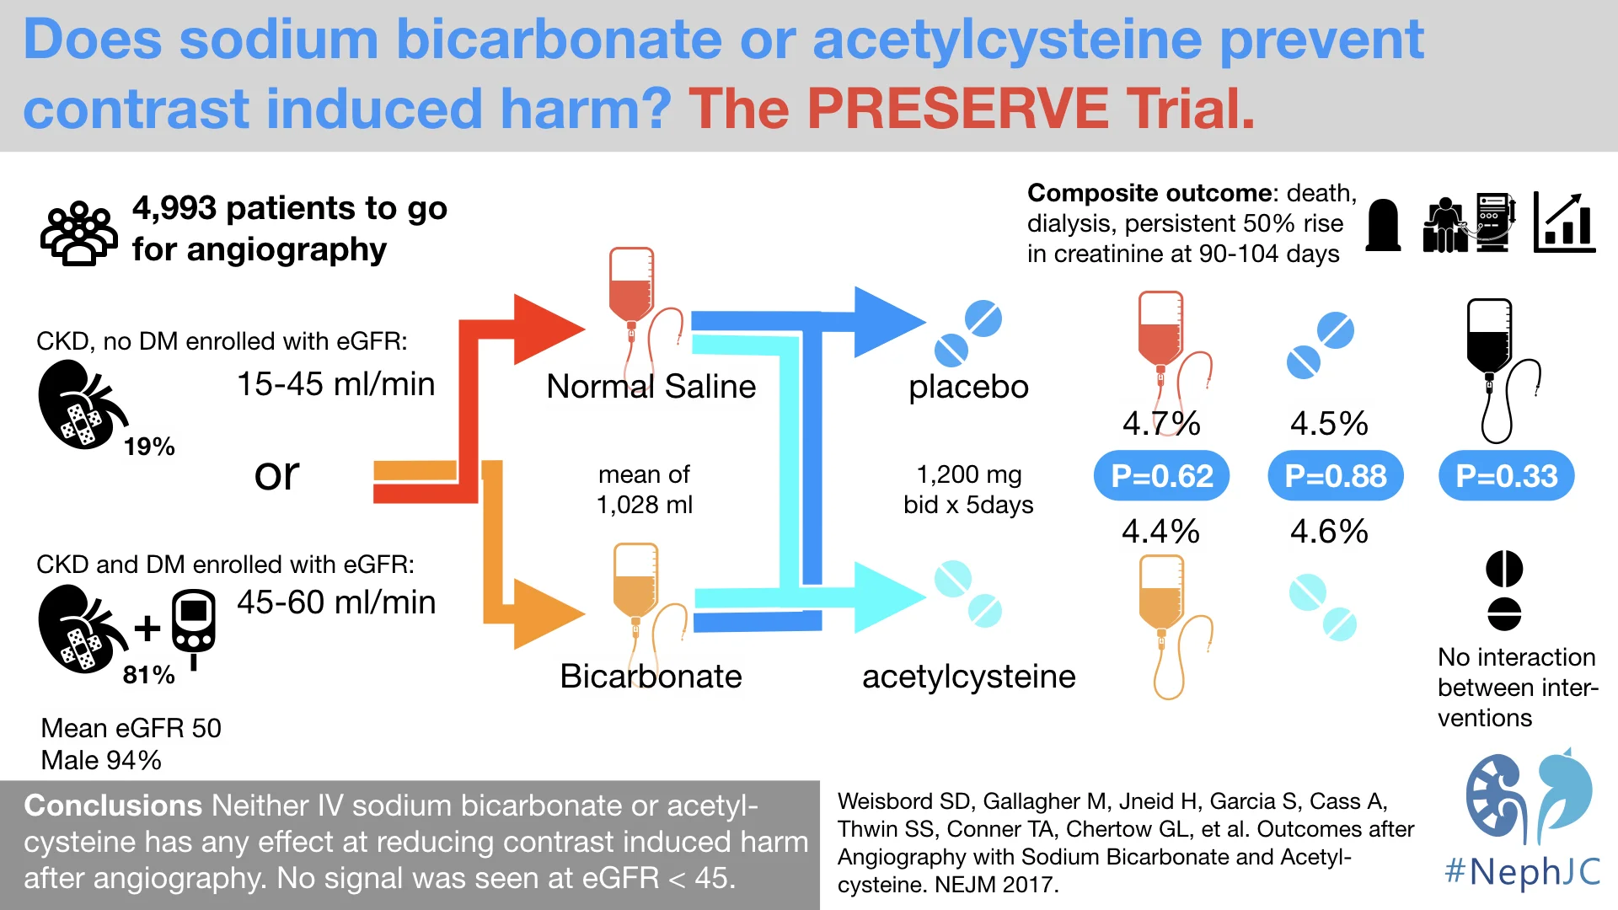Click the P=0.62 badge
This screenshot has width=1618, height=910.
click(x=1161, y=476)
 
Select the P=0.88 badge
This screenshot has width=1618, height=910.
click(x=1335, y=476)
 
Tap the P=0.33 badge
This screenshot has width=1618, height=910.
click(x=1506, y=476)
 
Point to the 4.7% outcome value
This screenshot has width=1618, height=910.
click(x=1160, y=423)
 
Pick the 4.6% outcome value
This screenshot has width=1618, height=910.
click(x=1329, y=532)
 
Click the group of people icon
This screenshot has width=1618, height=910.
click(x=78, y=233)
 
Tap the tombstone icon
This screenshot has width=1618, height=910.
click(x=1383, y=225)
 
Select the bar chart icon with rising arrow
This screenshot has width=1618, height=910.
click(x=1564, y=222)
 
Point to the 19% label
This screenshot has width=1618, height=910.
click(x=149, y=447)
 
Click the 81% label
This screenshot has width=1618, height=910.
click(x=149, y=675)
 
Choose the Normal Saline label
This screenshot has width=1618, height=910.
click(x=651, y=387)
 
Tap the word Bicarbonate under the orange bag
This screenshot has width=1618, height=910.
click(x=651, y=677)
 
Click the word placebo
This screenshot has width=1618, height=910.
click(x=968, y=387)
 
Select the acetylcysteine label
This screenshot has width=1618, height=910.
click(x=968, y=677)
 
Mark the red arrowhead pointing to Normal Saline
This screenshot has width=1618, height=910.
click(x=545, y=329)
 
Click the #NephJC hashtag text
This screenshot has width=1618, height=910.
click(x=1522, y=871)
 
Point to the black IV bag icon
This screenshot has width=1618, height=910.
click(x=1489, y=337)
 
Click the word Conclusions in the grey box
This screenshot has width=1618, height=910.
click(x=113, y=806)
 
